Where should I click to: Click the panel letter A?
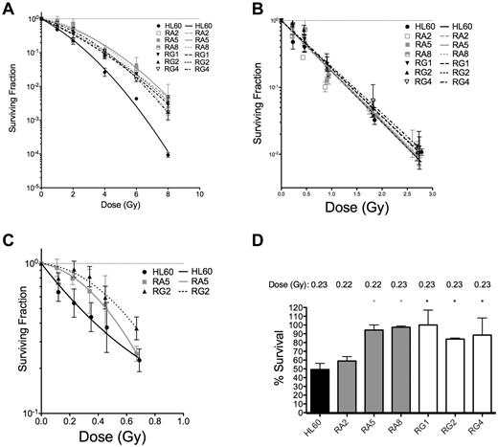(9, 9)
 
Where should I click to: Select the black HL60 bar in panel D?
(311, 390)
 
